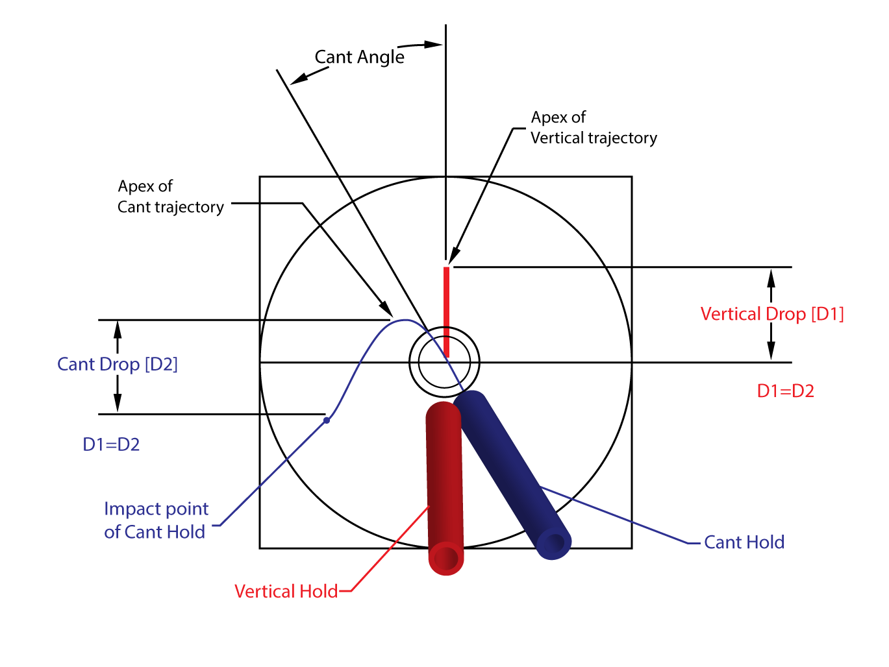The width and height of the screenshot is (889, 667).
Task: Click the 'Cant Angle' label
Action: (x=359, y=57)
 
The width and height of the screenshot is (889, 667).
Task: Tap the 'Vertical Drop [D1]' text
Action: (x=772, y=314)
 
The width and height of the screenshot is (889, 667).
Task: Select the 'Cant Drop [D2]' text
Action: (x=118, y=364)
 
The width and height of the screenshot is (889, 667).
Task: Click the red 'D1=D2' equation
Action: (x=785, y=391)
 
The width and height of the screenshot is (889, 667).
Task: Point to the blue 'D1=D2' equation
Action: (x=111, y=444)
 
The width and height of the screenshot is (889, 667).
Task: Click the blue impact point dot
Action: (x=327, y=420)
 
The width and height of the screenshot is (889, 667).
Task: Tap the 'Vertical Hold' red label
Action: (x=286, y=591)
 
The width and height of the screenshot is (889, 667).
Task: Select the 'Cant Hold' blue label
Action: (x=744, y=542)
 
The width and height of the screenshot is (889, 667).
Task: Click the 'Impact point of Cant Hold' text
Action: (x=156, y=520)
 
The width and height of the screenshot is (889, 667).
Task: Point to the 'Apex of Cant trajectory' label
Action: (x=171, y=197)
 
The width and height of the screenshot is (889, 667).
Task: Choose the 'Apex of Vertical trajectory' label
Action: (x=594, y=127)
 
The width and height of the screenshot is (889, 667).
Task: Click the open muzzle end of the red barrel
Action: (x=446, y=559)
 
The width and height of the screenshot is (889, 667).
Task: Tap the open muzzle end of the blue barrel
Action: (x=554, y=543)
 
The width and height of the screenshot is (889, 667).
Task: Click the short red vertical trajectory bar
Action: (x=446, y=312)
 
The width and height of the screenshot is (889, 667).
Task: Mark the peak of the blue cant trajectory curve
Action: (x=405, y=320)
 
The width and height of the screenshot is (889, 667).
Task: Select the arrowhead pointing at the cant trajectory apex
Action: (x=386, y=309)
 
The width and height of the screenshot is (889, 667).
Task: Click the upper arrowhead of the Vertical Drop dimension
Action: (x=771, y=279)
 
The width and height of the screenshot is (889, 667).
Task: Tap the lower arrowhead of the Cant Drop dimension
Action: (x=118, y=402)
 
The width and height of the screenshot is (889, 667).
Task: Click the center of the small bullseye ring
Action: (x=444, y=362)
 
